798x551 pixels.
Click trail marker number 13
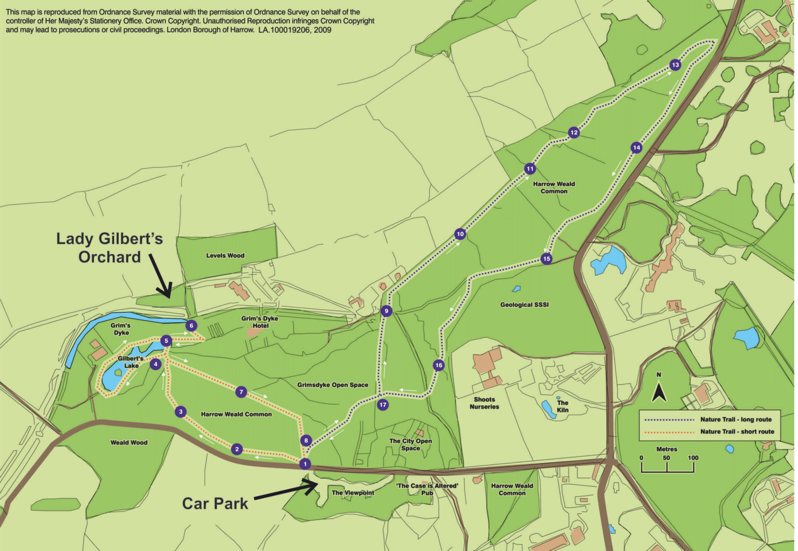click(675, 65)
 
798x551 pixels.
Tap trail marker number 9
click(386, 311)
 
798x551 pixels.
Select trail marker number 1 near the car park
click(305, 464)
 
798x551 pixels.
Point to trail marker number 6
click(191, 326)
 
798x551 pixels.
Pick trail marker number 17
click(383, 405)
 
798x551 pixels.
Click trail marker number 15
click(546, 258)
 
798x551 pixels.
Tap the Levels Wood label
click(225, 255)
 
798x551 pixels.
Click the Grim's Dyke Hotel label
click(260, 322)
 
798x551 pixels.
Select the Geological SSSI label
click(524, 305)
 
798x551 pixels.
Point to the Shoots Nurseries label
click(484, 403)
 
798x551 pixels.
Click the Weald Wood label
click(129, 443)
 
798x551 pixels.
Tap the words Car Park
click(215, 503)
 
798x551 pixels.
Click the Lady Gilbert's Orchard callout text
click(109, 247)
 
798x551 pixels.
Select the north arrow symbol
click(659, 392)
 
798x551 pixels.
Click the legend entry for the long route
click(735, 419)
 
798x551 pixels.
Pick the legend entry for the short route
click(736, 431)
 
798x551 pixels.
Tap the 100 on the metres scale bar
click(693, 458)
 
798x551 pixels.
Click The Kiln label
click(563, 406)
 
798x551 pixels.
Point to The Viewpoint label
click(353, 492)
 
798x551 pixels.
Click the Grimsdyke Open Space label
click(332, 385)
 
